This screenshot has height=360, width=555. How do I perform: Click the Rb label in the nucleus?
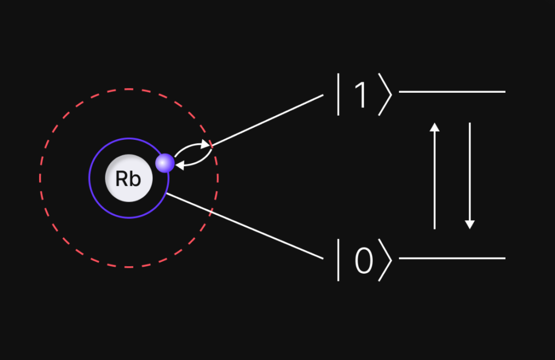pyautogui.click(x=128, y=179)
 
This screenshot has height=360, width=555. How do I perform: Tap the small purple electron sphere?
pyautogui.click(x=165, y=163)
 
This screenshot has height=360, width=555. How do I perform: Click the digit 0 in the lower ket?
pyautogui.click(x=364, y=262)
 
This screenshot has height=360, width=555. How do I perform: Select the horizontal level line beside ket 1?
pyautogui.click(x=452, y=92)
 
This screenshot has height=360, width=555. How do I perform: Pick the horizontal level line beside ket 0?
pyautogui.click(x=452, y=258)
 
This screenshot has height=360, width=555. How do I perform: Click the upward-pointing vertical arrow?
pyautogui.click(x=434, y=179)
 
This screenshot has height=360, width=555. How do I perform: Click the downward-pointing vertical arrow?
pyautogui.click(x=470, y=173)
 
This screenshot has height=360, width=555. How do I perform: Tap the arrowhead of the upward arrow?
pyautogui.click(x=434, y=127)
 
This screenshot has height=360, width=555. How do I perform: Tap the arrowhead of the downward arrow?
pyautogui.click(x=470, y=224)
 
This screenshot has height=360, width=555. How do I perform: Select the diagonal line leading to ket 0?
pyautogui.click(x=244, y=226)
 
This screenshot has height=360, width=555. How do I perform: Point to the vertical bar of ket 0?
pyautogui.click(x=339, y=262)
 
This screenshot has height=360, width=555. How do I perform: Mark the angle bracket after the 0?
pyautogui.click(x=385, y=262)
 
